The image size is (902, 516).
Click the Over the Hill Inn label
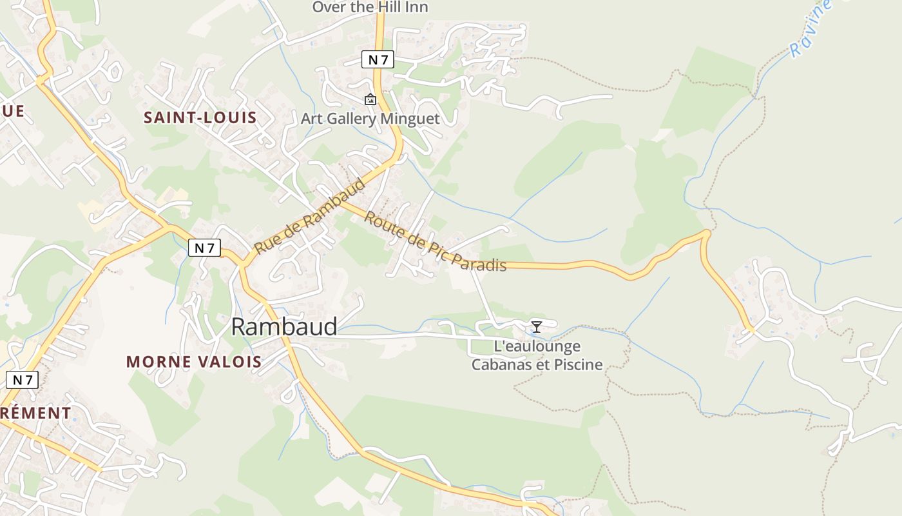coord(370,7)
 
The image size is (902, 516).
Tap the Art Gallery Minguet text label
coord(370,119)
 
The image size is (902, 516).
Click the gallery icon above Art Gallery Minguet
coord(370,99)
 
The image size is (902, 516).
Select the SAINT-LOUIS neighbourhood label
coord(200,117)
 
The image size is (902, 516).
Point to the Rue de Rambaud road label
coord(310,216)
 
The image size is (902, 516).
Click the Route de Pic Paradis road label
coord(435,241)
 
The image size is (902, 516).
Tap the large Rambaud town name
coord(283,327)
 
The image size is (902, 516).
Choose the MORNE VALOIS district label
coord(194,362)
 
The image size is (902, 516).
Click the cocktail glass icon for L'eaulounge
coord(536,326)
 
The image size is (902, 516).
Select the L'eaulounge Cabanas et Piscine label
coord(537,355)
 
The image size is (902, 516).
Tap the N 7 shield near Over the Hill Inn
coord(377,60)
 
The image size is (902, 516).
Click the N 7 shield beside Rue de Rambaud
coord(205,247)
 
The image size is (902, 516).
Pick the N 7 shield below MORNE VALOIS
coord(22,380)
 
